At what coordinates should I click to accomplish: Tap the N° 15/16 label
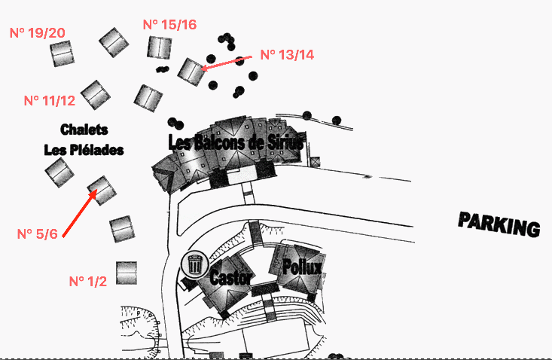pyautogui.click(x=169, y=25)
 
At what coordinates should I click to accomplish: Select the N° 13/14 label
pyautogui.click(x=287, y=55)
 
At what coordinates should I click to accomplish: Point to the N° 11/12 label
pyautogui.click(x=50, y=100)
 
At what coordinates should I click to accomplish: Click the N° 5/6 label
pyautogui.click(x=38, y=234)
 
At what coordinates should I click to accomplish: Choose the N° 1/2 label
pyautogui.click(x=88, y=281)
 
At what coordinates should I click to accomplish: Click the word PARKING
pyautogui.click(x=499, y=224)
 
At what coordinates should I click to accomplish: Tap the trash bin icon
pyautogui.click(x=194, y=264)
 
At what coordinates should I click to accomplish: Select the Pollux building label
pyautogui.click(x=302, y=267)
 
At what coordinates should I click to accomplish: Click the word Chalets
pyautogui.click(x=84, y=130)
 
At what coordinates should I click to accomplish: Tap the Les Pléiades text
pyautogui.click(x=84, y=150)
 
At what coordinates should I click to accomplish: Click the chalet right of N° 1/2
pyautogui.click(x=127, y=273)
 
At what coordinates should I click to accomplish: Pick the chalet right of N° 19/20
pyautogui.click(x=62, y=53)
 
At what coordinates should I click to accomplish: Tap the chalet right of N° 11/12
pyautogui.click(x=96, y=93)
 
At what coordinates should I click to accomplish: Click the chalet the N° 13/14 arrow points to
pyautogui.click(x=192, y=71)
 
